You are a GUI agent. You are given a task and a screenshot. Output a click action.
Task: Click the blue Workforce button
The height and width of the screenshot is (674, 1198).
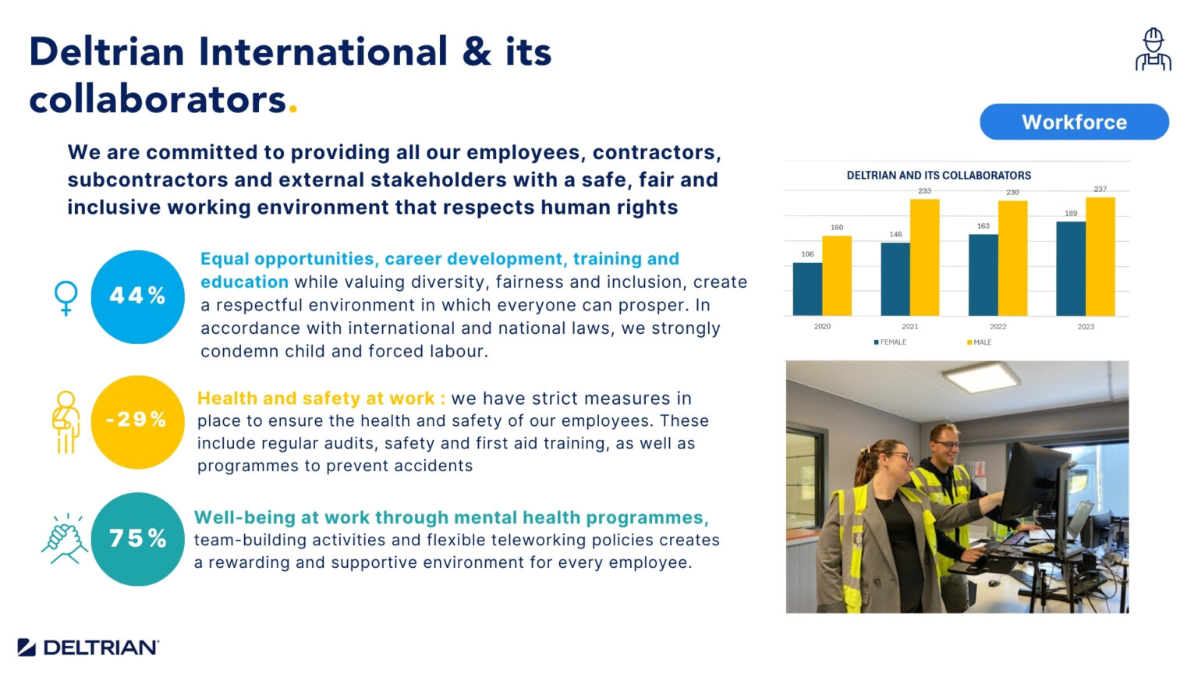click(x=1074, y=122)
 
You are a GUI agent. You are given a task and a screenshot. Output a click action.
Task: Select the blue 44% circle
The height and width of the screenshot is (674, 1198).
click(x=137, y=296)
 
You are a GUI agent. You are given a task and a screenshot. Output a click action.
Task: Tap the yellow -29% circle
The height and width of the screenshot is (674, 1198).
click(x=137, y=421)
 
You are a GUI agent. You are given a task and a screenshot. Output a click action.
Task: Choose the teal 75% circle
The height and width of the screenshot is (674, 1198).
click(x=137, y=538)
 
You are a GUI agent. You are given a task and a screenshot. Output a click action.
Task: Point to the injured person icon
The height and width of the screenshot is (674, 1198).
click(x=66, y=421)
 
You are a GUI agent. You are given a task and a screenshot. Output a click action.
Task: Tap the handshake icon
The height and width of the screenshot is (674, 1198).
click(x=65, y=538)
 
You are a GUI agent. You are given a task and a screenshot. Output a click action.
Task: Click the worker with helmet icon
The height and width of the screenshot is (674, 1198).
click(x=1153, y=50)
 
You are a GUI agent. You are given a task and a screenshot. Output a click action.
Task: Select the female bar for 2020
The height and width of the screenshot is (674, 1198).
click(x=807, y=289)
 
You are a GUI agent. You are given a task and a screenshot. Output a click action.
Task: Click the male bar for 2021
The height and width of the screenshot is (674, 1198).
click(x=924, y=257)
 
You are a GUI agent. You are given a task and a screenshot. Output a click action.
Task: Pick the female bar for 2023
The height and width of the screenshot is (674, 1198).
click(x=1071, y=268)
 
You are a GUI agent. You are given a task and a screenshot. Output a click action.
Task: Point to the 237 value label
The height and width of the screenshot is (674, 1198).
click(x=1100, y=189)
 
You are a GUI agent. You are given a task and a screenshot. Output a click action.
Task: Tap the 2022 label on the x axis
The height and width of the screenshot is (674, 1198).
click(x=998, y=327)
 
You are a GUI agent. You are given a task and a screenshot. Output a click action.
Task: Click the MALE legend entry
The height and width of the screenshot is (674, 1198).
click(x=980, y=342)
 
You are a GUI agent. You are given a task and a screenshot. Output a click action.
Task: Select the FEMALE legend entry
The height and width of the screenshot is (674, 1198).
click(x=891, y=342)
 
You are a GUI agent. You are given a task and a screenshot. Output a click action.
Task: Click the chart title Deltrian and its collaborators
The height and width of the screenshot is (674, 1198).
click(x=938, y=176)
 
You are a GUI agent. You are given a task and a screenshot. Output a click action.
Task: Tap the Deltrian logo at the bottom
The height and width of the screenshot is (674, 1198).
click(x=88, y=647)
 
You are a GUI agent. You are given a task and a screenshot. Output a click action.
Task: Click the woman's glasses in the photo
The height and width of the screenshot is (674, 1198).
click(x=898, y=457)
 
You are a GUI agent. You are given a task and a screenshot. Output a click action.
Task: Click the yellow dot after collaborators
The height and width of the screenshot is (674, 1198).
click(x=293, y=108)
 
